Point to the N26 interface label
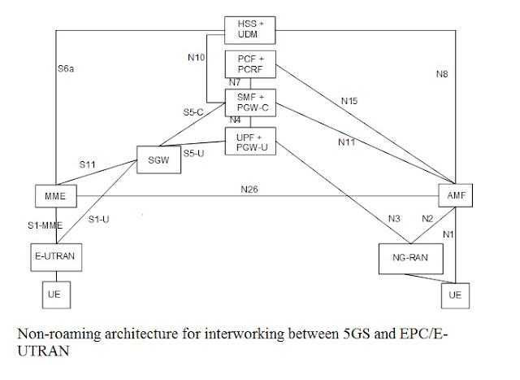pos(249,190)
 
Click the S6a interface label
pos(67,69)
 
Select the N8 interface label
pos(441,74)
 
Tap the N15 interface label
pos(348,101)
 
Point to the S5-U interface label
pos(193,152)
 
